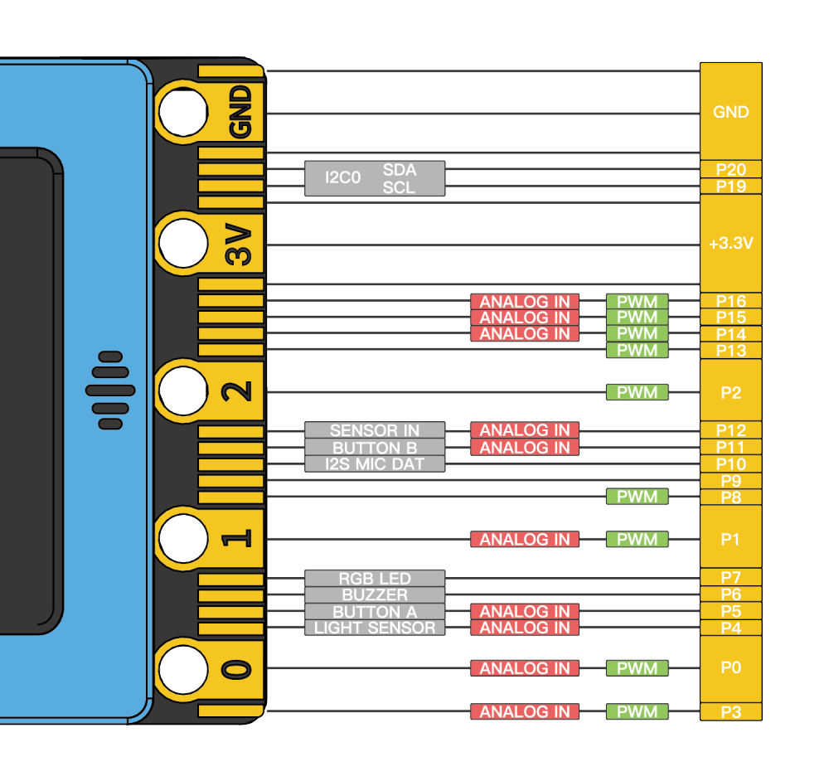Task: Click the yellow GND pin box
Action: pyautogui.click(x=730, y=112)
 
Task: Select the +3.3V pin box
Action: pyautogui.click(x=730, y=244)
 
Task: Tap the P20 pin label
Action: pyautogui.click(x=730, y=169)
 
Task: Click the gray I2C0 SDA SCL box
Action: pyautogui.click(x=375, y=178)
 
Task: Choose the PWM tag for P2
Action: pyautogui.click(x=637, y=391)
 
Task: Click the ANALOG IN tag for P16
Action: pyautogui.click(x=525, y=301)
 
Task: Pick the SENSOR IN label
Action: pyautogui.click(x=375, y=430)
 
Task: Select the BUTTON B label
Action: pyautogui.click(x=375, y=448)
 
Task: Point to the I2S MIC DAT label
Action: pyautogui.click(x=375, y=464)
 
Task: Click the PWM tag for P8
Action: pyautogui.click(x=637, y=497)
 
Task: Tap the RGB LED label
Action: pyautogui.click(x=375, y=578)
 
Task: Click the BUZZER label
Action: pyautogui.click(x=375, y=594)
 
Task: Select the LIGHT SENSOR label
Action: pyautogui.click(x=375, y=628)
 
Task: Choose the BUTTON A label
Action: pyautogui.click(x=375, y=611)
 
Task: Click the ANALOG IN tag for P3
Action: pyautogui.click(x=525, y=711)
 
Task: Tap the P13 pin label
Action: pyautogui.click(x=730, y=351)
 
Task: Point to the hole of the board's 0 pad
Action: pyautogui.click(x=183, y=667)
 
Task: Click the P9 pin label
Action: pyautogui.click(x=730, y=481)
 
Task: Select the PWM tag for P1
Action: pyautogui.click(x=637, y=539)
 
